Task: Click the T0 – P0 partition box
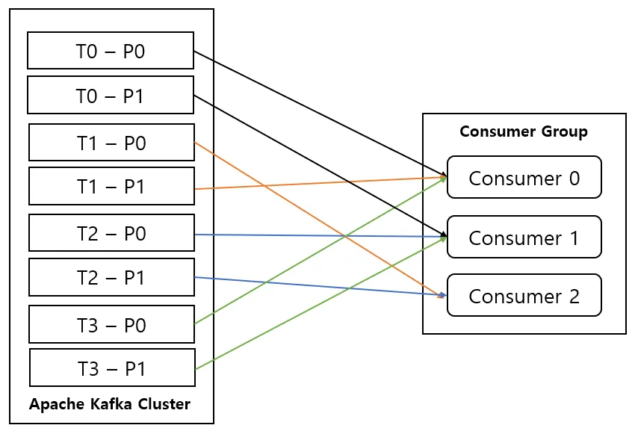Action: click(x=111, y=51)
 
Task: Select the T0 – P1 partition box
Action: click(x=111, y=95)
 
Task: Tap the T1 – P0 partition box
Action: click(x=111, y=143)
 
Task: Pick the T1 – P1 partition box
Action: click(x=111, y=186)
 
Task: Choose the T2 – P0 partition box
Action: click(x=111, y=233)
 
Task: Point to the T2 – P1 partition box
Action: click(x=111, y=277)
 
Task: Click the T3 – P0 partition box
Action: click(x=111, y=324)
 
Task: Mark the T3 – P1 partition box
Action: click(x=112, y=368)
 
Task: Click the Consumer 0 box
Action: click(x=524, y=177)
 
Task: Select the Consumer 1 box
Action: click(x=524, y=237)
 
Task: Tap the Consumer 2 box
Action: click(x=524, y=295)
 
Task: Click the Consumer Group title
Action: click(x=524, y=131)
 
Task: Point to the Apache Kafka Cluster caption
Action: click(x=110, y=404)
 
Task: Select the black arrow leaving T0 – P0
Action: click(x=320, y=114)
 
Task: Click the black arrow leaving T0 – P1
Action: click(x=320, y=166)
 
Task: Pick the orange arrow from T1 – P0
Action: click(x=320, y=220)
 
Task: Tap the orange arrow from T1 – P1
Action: click(x=320, y=183)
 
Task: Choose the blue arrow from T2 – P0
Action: click(x=320, y=235)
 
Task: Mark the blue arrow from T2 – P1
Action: click(x=320, y=287)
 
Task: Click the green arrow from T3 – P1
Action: click(x=320, y=303)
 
